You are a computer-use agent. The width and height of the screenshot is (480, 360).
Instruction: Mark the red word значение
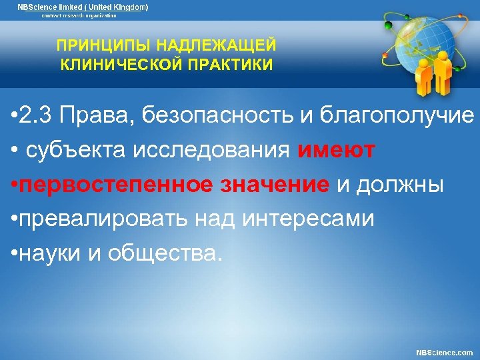[x=275, y=184]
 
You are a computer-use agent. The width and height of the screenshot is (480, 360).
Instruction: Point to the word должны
[x=399, y=184]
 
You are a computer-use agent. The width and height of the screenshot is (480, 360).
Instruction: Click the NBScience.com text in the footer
[x=444, y=352]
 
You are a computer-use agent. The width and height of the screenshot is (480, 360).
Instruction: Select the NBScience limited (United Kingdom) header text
[x=83, y=7]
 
